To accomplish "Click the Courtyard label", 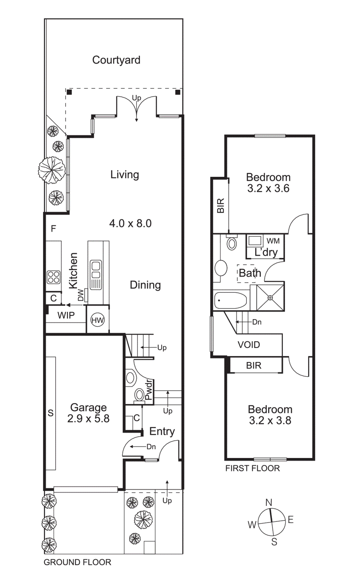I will [116, 60].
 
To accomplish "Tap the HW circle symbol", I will [97, 320].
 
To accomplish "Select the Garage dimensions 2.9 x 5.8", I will [88, 419].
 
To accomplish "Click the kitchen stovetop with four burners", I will [53, 277].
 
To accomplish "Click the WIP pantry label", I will [66, 315].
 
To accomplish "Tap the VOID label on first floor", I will [249, 344].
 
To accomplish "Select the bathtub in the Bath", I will [230, 300].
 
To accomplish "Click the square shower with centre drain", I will [270, 298].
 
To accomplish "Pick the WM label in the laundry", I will [273, 241].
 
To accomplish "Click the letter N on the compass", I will [269, 502].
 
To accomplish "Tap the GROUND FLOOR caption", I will [77, 562].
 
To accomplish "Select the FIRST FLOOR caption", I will [252, 468].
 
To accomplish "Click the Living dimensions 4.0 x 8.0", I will [130, 223].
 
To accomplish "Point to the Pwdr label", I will [149, 390].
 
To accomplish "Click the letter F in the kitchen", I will [53, 228].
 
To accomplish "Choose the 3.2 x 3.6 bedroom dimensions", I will [268, 188].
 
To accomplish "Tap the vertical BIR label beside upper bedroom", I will [221, 206].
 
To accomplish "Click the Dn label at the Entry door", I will [151, 447].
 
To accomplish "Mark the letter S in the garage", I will [51, 413].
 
